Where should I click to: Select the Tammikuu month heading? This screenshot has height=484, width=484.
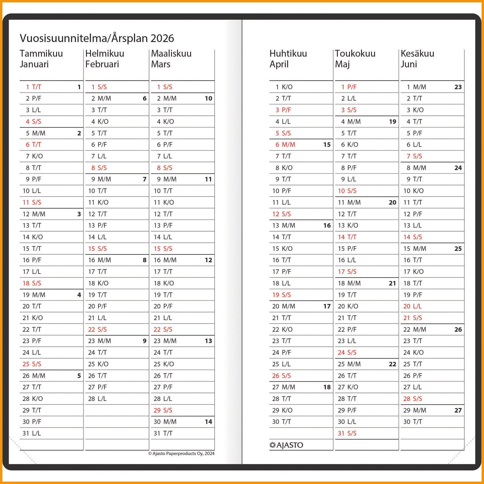[x=41, y=54]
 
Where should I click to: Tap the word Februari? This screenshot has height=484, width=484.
[x=102, y=64]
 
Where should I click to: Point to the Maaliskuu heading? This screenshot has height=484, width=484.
[x=171, y=54]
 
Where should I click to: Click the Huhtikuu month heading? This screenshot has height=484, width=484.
[x=288, y=54]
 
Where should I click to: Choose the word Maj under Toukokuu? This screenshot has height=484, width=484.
[x=342, y=64]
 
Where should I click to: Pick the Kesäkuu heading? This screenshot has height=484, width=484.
[x=417, y=54]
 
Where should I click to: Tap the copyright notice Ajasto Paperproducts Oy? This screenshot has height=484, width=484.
[x=181, y=453]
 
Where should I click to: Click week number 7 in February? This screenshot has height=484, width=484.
[x=144, y=179]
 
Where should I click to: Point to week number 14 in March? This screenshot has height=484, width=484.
[x=208, y=422]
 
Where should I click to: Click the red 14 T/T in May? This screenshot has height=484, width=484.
[x=347, y=237]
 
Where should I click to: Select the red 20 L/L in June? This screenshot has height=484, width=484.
[x=412, y=306]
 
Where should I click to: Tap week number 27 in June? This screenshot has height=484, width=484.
[x=458, y=410]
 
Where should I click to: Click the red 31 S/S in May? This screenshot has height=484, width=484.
[x=347, y=433]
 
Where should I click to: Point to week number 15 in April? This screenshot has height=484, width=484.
[x=327, y=144]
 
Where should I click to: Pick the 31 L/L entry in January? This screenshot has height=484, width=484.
[x=32, y=433]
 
